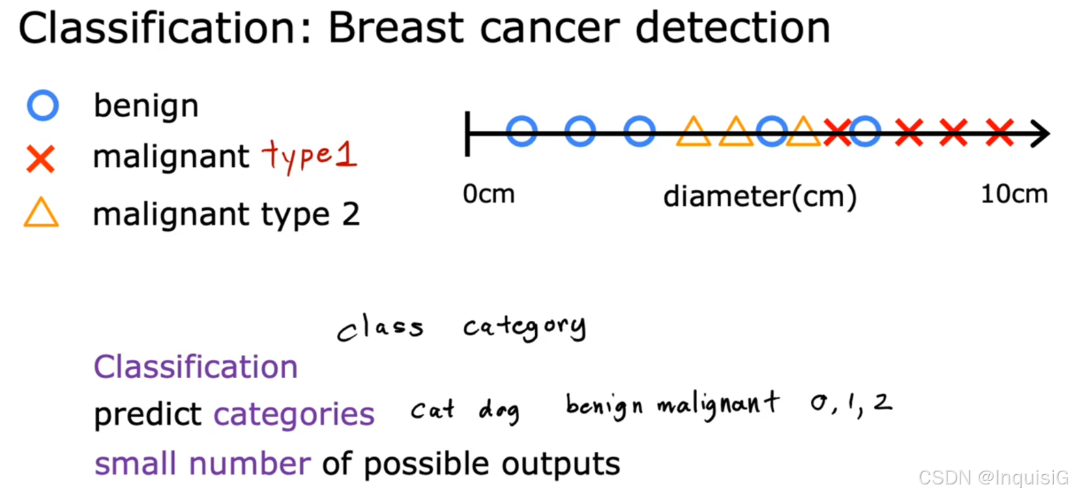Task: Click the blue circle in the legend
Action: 42,106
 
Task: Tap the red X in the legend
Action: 41,159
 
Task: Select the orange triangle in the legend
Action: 41,213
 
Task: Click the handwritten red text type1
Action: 310,155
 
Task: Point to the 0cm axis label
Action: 488,194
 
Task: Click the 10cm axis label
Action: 1014,194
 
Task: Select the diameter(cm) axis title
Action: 759,197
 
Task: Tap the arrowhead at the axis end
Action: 1040,134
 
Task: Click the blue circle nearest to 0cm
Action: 522,131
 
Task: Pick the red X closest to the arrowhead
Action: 999,132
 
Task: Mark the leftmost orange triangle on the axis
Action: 693,133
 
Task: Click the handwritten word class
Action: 380,328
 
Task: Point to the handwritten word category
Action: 524,328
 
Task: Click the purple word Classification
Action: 196,367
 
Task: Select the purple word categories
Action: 294,414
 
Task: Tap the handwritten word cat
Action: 432,409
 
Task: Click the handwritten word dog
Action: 499,411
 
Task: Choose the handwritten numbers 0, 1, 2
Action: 851,403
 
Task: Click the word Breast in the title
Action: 396,29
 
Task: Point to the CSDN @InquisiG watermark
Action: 993,478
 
